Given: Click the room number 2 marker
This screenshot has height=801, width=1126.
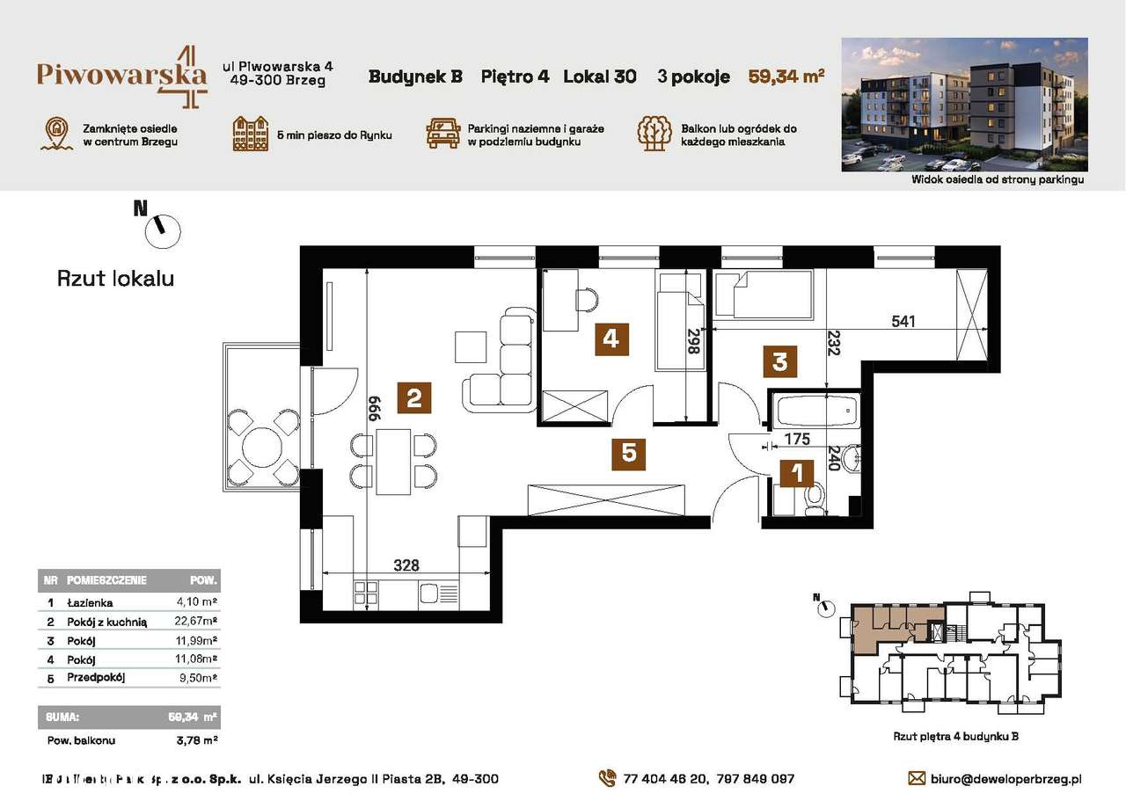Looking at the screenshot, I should [x=413, y=398].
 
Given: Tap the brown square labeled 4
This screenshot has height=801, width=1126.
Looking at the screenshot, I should [x=611, y=338].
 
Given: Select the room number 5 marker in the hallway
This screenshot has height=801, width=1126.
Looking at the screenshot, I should [x=629, y=453].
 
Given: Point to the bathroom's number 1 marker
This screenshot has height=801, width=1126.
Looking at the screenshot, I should [x=797, y=474].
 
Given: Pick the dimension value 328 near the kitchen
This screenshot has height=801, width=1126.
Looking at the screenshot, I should [x=406, y=564].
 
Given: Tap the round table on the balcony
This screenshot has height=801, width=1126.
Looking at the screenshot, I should [x=261, y=446].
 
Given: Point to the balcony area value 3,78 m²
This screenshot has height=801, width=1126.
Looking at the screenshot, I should [x=197, y=740].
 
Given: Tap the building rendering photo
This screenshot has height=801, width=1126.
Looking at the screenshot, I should [x=964, y=105].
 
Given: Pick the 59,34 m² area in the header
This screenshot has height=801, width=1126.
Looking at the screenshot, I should [x=786, y=76].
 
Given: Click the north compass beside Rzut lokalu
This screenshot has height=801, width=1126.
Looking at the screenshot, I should [x=164, y=230].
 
